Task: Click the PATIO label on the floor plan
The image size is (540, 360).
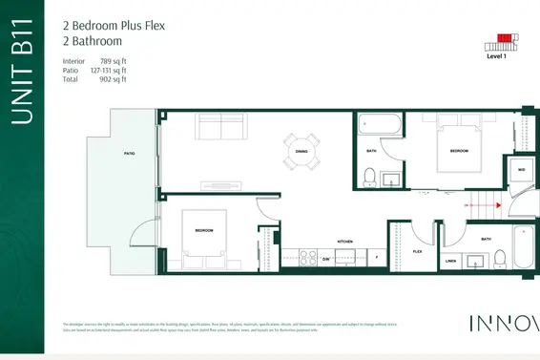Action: pos(128,153)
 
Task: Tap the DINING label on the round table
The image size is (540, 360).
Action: pos(301,151)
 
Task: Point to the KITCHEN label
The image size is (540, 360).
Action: pos(345,242)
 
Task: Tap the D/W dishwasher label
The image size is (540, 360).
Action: pos(325,259)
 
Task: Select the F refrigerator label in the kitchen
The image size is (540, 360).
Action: pos(376,258)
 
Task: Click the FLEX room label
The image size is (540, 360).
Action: pos(417,252)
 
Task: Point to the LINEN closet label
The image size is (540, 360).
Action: pos(451,259)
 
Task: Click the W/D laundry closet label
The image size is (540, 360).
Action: pos(521,170)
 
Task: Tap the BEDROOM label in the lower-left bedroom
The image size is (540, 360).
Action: pos(204,231)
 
